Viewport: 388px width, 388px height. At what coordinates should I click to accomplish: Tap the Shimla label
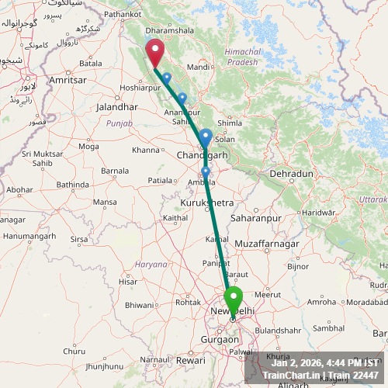(x=230, y=123)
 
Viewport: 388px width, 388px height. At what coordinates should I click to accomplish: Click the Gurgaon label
(x=220, y=340)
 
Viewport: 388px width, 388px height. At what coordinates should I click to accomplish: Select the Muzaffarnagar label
(x=266, y=244)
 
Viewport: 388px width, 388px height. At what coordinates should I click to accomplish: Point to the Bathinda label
(x=73, y=185)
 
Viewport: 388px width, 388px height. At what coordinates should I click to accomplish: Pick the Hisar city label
(x=128, y=282)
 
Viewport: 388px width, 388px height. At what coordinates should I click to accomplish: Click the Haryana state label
(x=152, y=264)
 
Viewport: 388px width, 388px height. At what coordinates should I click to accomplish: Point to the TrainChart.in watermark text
(x=291, y=376)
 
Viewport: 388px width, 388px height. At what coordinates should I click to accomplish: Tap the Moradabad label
(x=367, y=301)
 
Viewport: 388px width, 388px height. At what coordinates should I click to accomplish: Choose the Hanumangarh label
(x=28, y=235)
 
